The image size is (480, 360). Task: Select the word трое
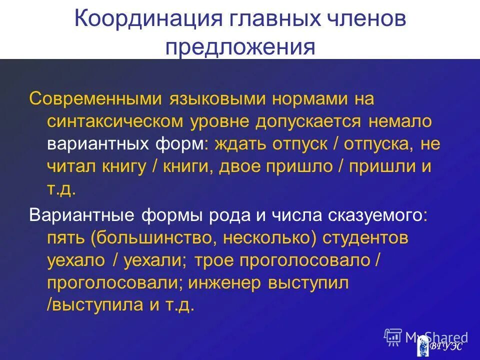coord(213,260)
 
